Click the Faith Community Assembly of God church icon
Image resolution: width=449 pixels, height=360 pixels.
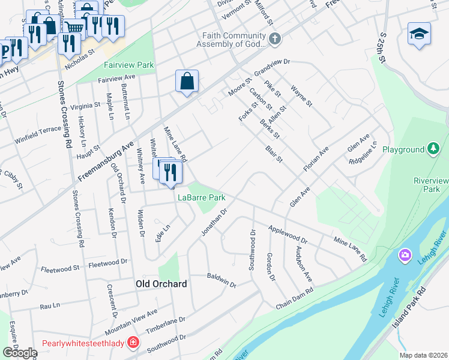(275, 40)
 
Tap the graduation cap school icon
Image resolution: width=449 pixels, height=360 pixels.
(419, 34)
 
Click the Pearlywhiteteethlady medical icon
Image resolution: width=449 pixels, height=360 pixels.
(133, 344)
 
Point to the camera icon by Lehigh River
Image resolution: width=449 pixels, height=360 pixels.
(405, 256)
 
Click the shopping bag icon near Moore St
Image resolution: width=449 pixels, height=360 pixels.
(187, 81)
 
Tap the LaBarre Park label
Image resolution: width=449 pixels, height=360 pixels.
(201, 197)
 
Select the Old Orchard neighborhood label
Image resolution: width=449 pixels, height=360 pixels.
(161, 284)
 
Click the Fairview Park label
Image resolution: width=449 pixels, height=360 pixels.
(128, 65)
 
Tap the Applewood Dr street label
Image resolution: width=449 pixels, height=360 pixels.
(288, 235)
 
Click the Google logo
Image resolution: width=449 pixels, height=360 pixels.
(19, 353)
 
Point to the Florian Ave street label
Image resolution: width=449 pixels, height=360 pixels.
(316, 158)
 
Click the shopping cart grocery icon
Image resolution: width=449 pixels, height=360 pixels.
(74, 28)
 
